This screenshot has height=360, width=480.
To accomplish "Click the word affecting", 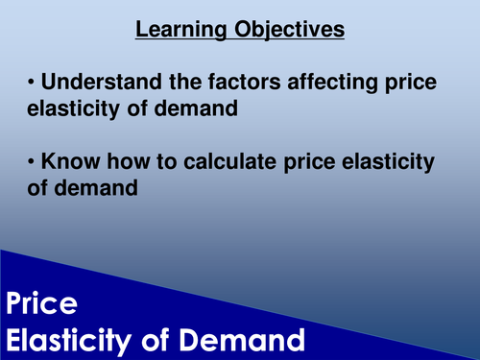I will coord(323,83).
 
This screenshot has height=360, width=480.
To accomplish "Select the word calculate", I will coord(218,163).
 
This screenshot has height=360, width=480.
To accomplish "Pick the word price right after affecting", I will coord(407,83).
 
